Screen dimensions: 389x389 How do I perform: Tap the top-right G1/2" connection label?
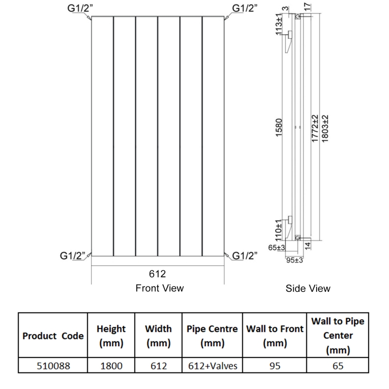(245, 8)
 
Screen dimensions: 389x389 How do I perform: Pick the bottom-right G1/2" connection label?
(245, 255)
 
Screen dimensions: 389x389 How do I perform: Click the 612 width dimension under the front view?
(158, 274)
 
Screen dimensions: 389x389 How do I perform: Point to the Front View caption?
(159, 288)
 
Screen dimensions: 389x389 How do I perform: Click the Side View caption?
(308, 288)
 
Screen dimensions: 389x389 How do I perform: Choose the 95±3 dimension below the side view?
(294, 260)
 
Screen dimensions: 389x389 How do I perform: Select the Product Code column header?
(53, 336)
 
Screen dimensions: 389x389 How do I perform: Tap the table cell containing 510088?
(53, 365)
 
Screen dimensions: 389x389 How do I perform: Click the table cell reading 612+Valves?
(212, 365)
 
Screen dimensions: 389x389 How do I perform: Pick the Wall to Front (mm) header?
(275, 336)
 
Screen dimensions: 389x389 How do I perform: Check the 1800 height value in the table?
(112, 365)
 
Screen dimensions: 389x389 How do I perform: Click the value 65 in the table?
(337, 365)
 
